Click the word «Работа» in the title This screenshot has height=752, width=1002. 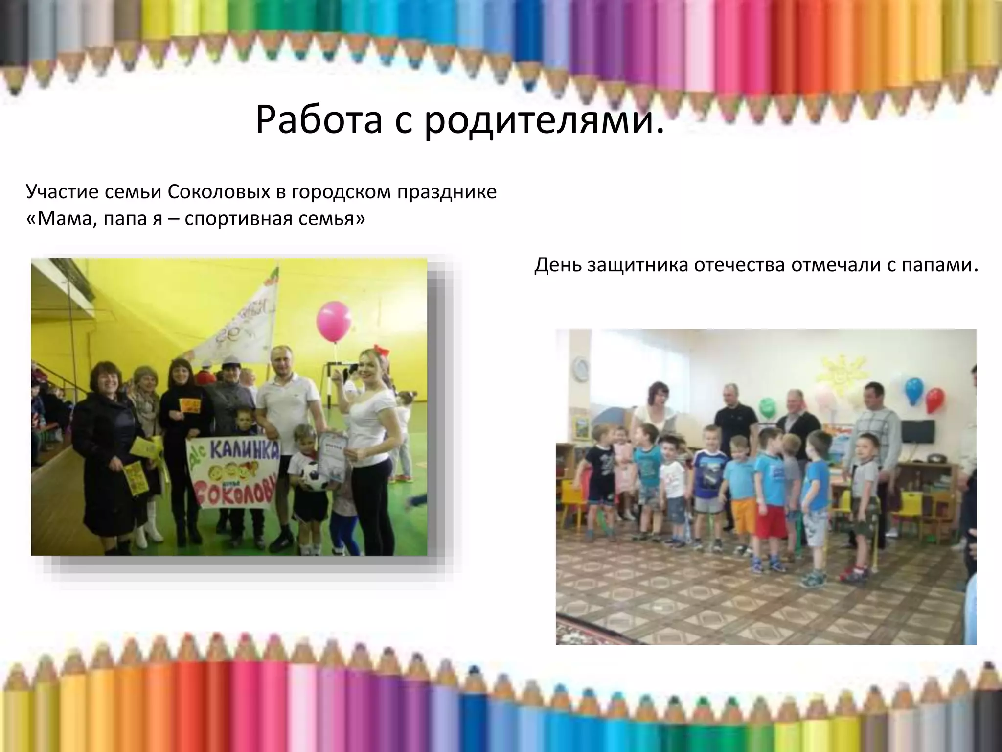click(x=319, y=119)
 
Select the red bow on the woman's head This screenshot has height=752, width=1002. click(x=380, y=352)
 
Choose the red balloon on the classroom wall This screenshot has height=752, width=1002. click(x=935, y=399)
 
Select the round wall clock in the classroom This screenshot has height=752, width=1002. click(x=581, y=369)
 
